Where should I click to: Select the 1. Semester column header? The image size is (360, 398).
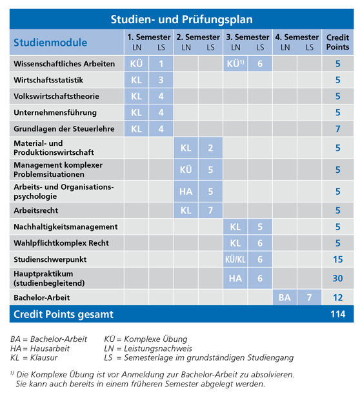coord(149,37)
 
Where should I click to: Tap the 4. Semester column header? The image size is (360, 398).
coord(297,37)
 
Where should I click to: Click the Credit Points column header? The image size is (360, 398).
coord(337,42)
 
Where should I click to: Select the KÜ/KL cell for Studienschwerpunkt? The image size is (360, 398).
coord(235,259)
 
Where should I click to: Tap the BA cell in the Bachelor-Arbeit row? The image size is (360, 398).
coord(285,297)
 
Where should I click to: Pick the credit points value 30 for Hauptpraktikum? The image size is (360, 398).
coord(337,279)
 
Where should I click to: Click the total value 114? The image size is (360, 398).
coord(337,314)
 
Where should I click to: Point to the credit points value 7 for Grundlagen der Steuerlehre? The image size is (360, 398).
coord(337,128)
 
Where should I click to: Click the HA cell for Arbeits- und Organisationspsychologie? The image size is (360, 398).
coord(186,191)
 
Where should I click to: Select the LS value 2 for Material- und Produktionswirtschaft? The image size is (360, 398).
coord(210,148)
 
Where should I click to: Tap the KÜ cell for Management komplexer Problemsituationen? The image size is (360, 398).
coord(186,170)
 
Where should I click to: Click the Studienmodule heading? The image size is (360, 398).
coord(50,43)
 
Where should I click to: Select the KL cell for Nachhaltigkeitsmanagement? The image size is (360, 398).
coord(235,227)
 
